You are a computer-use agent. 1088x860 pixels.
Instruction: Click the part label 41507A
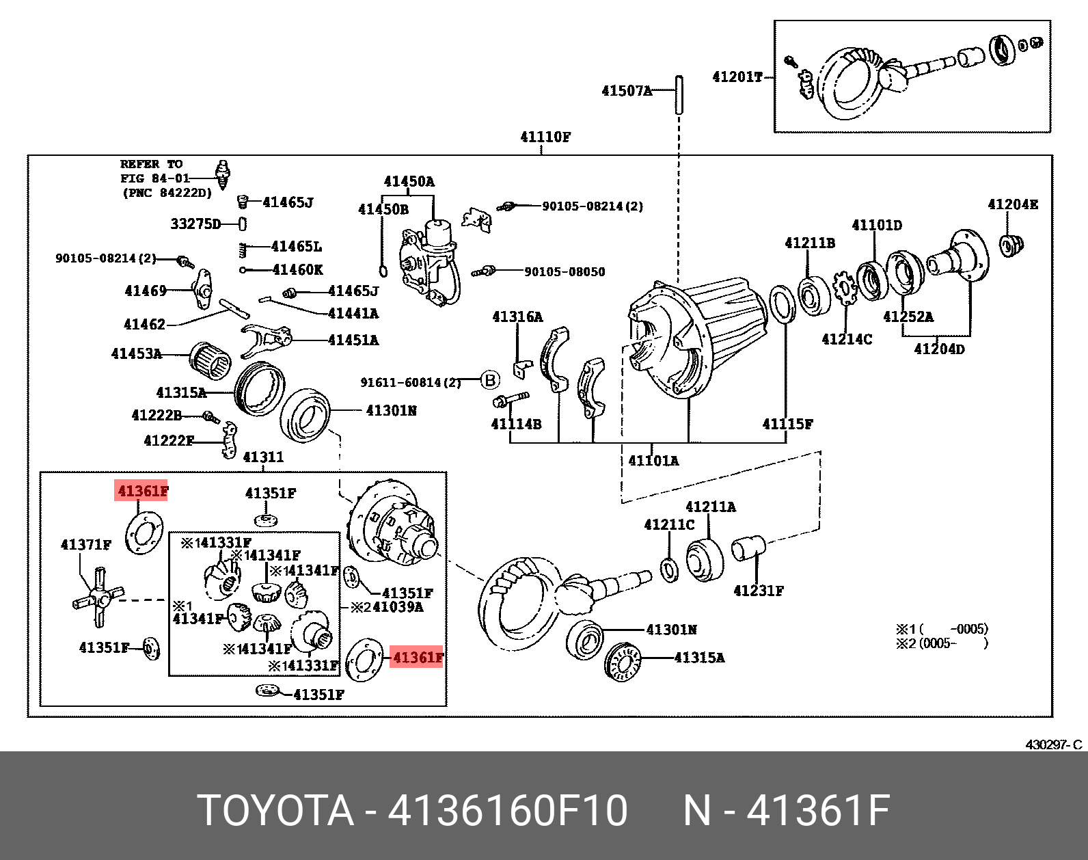coord(626,90)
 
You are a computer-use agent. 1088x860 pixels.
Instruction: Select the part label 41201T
coord(737,77)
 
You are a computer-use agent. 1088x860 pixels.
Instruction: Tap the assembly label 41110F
coord(545,137)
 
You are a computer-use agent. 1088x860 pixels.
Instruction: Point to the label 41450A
coord(409,181)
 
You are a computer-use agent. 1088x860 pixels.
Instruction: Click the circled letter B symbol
coord(490,380)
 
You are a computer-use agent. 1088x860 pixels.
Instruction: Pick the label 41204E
coord(1012,204)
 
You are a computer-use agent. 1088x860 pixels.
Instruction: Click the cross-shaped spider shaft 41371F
coord(98,597)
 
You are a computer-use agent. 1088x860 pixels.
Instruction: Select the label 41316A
coord(517,317)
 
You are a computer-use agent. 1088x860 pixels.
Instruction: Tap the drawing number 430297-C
coord(1053,744)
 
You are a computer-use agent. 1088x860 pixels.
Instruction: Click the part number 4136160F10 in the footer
coord(507,811)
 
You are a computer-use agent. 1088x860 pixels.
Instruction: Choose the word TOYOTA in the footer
coord(275,811)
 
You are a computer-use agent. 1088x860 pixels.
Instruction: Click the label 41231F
coord(758,590)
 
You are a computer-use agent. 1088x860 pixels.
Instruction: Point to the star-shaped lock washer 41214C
coord(845,288)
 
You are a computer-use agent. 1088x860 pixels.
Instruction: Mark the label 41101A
coord(653,460)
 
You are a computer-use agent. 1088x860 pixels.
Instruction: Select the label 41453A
coord(137,353)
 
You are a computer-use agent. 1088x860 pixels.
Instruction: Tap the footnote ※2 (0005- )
coord(942,643)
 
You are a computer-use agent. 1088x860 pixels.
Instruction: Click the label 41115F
coord(787,424)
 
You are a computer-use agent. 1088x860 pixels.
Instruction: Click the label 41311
coord(263,456)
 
